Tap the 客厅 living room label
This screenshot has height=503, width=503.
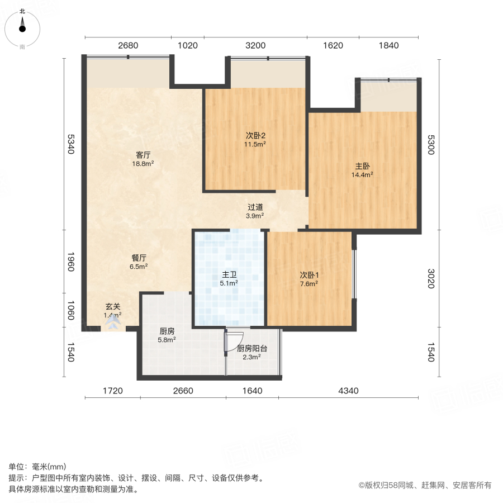[143, 155]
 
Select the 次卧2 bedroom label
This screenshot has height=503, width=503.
[255, 135]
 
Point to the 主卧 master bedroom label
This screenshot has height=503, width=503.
[362, 166]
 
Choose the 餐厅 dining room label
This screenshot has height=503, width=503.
[139, 258]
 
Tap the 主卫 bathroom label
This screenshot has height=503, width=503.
[229, 274]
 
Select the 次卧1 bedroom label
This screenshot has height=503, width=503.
[309, 274]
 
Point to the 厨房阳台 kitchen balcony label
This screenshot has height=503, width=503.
[252, 348]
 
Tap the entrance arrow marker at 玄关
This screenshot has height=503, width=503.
[114, 320]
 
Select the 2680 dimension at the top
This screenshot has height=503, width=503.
[128, 46]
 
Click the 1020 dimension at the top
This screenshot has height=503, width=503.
[187, 46]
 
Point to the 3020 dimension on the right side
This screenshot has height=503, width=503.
[431, 278]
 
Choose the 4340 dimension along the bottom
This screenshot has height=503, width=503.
[349, 391]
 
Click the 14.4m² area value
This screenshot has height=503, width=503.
[362, 174]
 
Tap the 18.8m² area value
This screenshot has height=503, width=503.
[143, 164]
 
